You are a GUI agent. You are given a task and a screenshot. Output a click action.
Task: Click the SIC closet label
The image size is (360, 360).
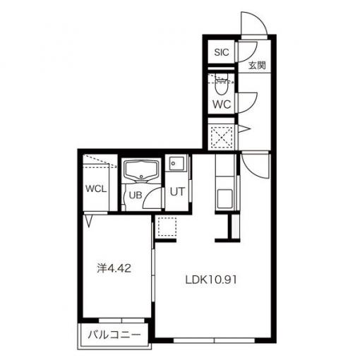222,52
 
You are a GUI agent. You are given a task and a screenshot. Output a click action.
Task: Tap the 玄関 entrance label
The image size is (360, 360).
257,66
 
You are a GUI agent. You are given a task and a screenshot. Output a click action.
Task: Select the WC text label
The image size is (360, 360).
222,104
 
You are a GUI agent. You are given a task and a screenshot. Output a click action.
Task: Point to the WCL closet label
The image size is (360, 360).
96,189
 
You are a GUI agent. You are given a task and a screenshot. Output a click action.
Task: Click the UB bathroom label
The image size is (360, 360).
136,195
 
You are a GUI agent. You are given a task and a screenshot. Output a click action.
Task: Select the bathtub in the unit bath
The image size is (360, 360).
141,171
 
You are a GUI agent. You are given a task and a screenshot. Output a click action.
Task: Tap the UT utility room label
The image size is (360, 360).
177,192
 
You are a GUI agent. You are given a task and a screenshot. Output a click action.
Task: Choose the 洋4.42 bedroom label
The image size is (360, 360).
114,268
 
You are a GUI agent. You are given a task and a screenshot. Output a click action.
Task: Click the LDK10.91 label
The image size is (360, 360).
211,280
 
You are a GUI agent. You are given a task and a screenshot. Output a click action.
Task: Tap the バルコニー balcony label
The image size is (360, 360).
114,335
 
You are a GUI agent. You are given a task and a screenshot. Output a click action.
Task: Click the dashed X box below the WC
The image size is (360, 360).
221,137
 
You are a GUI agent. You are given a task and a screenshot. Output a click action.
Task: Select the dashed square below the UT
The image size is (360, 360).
167,227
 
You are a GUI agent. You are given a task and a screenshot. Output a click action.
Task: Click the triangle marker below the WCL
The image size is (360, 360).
88,221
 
